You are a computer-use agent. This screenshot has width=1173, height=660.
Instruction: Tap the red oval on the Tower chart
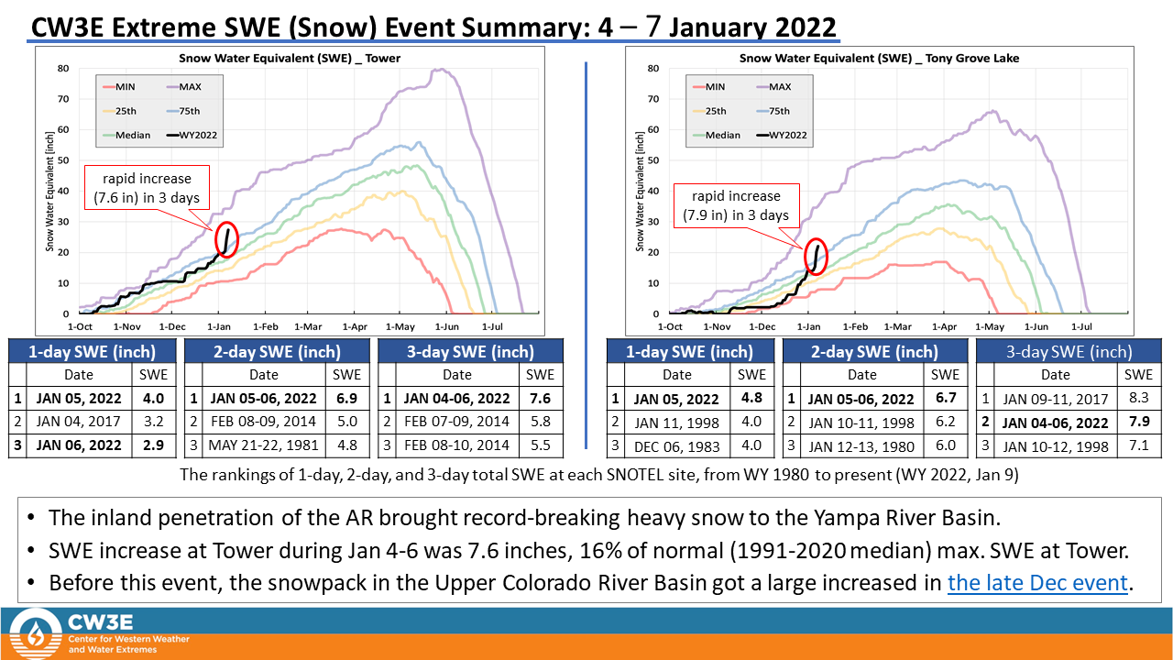coord(227,240)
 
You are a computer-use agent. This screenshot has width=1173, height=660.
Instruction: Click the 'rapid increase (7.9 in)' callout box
coord(737,205)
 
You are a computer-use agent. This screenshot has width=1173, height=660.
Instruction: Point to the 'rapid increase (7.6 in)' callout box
coord(147,188)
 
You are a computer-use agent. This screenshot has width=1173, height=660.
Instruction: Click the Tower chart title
coord(289,59)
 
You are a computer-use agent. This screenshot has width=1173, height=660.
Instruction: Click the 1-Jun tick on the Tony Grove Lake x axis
coord(1036,326)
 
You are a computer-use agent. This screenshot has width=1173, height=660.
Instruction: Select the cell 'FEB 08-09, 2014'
coord(264,422)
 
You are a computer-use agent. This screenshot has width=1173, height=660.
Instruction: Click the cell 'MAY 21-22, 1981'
coord(264,445)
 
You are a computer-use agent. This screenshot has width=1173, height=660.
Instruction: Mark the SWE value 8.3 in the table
coord(1138,399)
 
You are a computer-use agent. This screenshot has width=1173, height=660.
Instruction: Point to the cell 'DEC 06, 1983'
coord(677,445)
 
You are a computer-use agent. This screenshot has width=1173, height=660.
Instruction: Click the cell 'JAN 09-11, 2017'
coord(1055,399)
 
